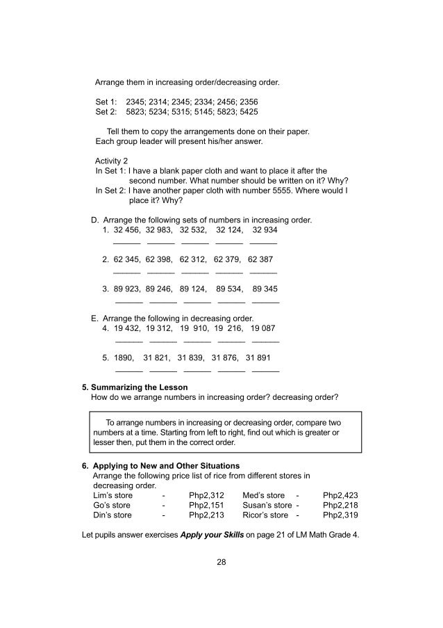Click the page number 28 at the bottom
[221, 562]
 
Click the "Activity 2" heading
[112, 160]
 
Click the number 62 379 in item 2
[227, 259]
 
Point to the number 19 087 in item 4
[263, 328]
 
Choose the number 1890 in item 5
[124, 357]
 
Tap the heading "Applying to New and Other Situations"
[166, 465]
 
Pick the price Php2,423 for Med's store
[340, 495]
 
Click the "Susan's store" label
[267, 505]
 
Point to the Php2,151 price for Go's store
[206, 505]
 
